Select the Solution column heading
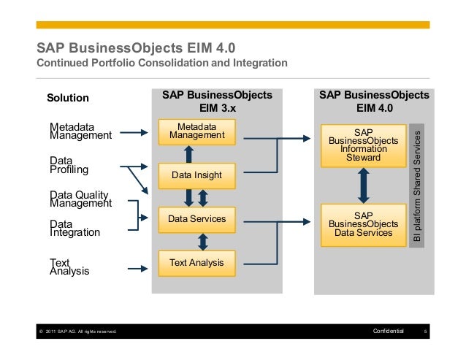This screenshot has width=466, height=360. click(x=68, y=98)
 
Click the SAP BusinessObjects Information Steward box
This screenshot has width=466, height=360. click(x=364, y=145)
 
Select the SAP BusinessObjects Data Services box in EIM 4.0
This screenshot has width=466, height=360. click(x=364, y=224)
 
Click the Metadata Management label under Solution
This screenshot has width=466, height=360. click(x=80, y=131)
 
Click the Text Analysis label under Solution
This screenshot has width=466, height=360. click(x=69, y=266)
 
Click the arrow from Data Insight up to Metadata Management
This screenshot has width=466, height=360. click(x=188, y=153)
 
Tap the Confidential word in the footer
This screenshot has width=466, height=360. click(x=388, y=333)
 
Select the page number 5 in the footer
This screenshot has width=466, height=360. click(x=425, y=333)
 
